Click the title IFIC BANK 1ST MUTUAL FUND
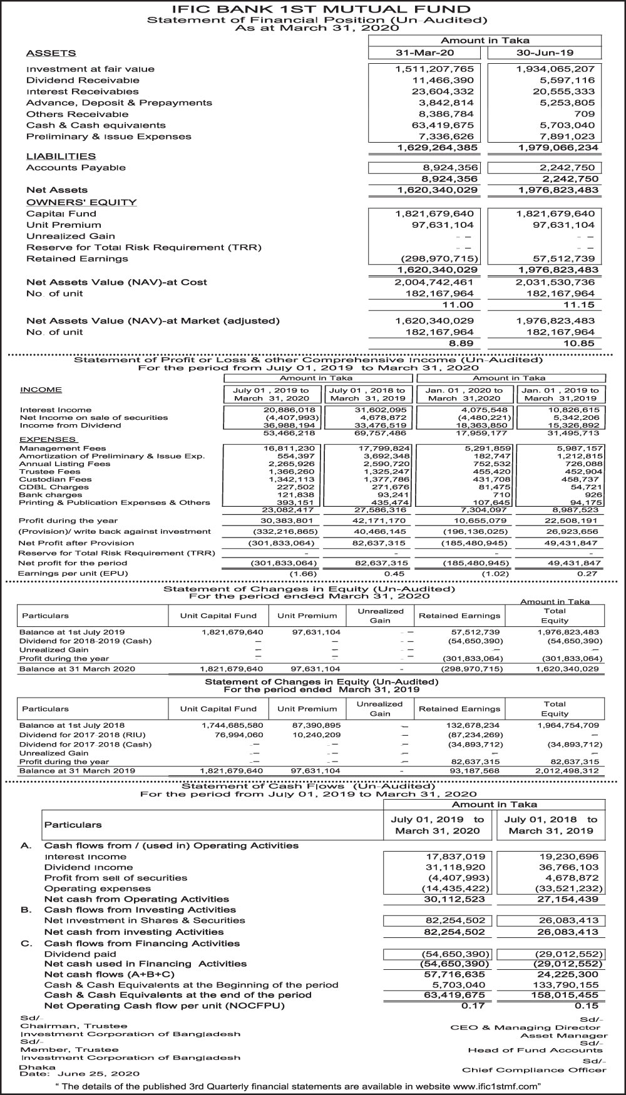[312, 9]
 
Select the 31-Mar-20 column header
[425, 53]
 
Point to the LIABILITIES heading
[61, 156]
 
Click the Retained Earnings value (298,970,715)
[439, 258]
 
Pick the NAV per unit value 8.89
[460, 344]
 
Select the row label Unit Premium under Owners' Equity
[63, 225]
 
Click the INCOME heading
[41, 390]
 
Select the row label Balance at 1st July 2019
[72, 632]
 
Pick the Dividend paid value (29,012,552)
[569, 954]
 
